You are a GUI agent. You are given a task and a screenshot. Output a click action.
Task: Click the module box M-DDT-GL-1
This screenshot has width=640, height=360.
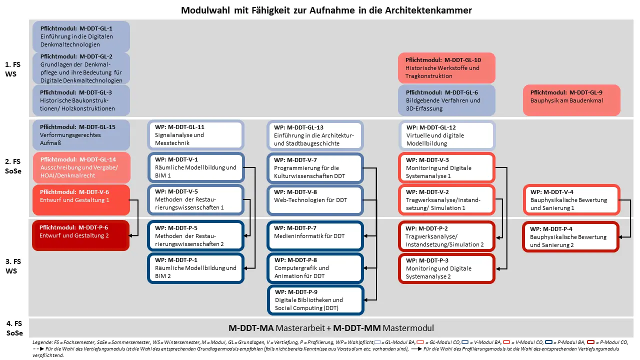[81, 36]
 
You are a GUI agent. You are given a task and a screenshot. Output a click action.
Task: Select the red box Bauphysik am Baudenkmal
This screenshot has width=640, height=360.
[571, 100]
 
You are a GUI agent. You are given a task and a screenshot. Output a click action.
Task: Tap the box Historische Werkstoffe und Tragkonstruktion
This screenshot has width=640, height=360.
[446, 68]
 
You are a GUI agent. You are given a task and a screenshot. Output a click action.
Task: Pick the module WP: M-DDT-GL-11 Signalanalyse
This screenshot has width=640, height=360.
[195, 135]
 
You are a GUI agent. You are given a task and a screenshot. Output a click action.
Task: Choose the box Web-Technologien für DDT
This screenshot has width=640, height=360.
[315, 200]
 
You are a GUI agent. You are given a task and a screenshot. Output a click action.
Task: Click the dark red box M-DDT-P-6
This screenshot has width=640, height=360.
[81, 235]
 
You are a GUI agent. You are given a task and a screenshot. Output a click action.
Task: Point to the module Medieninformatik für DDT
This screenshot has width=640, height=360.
[315, 236]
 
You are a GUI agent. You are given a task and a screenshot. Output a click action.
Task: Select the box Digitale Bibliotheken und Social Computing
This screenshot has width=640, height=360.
[315, 300]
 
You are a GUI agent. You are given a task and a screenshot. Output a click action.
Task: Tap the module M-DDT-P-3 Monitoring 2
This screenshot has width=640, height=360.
[446, 268]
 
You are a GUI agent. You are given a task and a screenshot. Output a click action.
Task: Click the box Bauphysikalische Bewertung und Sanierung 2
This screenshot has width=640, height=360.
[571, 237]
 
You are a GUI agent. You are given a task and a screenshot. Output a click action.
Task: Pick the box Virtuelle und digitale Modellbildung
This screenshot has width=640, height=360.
[447, 135]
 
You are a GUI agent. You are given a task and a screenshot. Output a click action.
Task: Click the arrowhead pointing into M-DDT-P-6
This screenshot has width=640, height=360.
[131, 235]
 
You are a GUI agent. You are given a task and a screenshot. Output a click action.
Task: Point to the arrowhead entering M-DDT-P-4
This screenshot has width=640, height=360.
[621, 237]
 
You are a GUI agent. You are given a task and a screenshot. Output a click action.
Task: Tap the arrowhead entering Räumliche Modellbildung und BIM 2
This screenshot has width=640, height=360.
[246, 268]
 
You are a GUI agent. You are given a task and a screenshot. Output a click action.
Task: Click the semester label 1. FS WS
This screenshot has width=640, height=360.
[12, 69]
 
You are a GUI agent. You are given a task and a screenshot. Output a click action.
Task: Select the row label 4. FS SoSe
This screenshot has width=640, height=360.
[14, 328]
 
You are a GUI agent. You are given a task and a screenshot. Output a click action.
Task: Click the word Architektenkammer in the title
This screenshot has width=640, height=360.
[428, 10]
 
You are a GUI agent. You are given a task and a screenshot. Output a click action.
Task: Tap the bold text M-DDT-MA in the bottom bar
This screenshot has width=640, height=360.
[251, 328]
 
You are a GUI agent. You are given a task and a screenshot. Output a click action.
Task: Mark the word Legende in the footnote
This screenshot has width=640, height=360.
[42, 342]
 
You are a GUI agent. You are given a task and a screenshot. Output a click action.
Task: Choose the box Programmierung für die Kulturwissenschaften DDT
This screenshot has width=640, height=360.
[315, 168]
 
